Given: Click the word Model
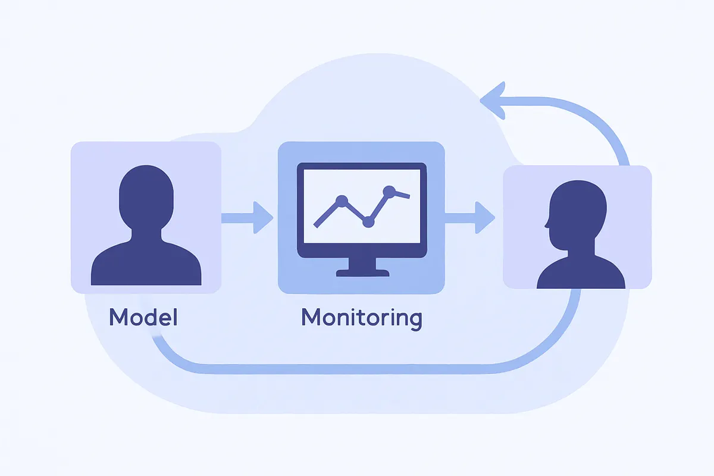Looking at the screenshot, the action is point(143,317).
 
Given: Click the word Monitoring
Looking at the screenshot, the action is point(362,318).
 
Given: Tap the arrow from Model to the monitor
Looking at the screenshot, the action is point(248,218).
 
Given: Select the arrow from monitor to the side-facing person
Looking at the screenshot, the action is point(470,218).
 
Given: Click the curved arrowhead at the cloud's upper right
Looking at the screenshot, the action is point(493,101).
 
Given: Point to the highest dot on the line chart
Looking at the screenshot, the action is point(389,192).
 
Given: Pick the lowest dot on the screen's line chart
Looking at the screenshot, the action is point(368,221).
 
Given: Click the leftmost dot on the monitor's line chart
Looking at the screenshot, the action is point(342,201).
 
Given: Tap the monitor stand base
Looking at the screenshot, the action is point(363,273).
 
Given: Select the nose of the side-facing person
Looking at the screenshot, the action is point(547,224).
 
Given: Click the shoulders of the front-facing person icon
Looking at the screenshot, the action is point(146,264).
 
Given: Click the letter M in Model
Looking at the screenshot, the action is point(117,317).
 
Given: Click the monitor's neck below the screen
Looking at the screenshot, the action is point(362,264).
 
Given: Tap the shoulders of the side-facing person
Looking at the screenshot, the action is point(581,273).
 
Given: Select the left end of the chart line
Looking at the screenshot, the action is point(315,226).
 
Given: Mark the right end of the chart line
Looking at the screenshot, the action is point(409,196).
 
